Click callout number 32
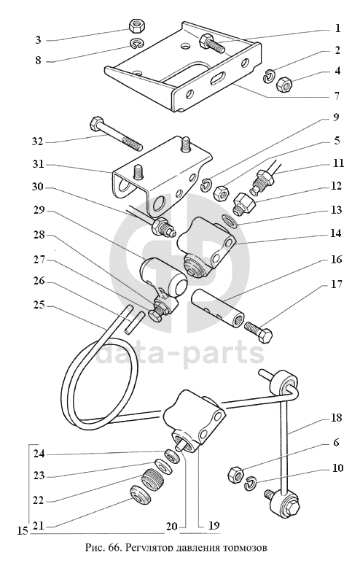(37, 141)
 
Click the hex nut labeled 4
(284, 85)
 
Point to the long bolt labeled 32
(116, 133)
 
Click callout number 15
(23, 531)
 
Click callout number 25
(39, 306)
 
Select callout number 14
(335, 233)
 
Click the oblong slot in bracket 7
(217, 78)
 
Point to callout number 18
(335, 417)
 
